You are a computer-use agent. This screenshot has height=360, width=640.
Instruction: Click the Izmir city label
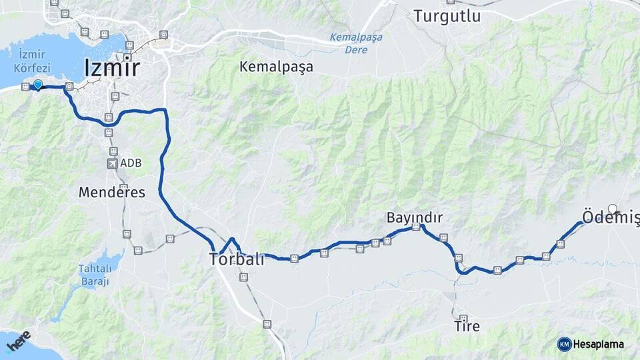click(112, 68)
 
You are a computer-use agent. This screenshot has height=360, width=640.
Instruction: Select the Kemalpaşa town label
click(276, 67)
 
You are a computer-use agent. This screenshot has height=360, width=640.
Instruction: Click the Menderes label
click(111, 193)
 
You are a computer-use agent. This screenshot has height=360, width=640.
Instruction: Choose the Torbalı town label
click(237, 259)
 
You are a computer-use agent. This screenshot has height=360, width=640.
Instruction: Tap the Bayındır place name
click(415, 217)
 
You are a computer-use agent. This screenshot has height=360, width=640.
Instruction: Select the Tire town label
click(467, 327)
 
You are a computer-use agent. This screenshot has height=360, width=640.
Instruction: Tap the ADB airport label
click(131, 163)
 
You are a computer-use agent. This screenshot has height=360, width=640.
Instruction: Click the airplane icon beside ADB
click(111, 163)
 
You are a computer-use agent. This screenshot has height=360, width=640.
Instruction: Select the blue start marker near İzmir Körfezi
click(38, 84)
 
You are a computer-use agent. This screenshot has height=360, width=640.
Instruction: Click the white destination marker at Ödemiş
click(613, 209)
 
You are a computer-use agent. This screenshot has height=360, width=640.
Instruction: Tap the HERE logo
click(18, 341)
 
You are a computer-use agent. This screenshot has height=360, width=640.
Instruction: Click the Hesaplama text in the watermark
click(601, 344)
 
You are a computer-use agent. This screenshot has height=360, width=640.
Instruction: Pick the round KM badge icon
click(564, 344)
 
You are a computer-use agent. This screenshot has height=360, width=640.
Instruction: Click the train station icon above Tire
click(463, 319)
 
